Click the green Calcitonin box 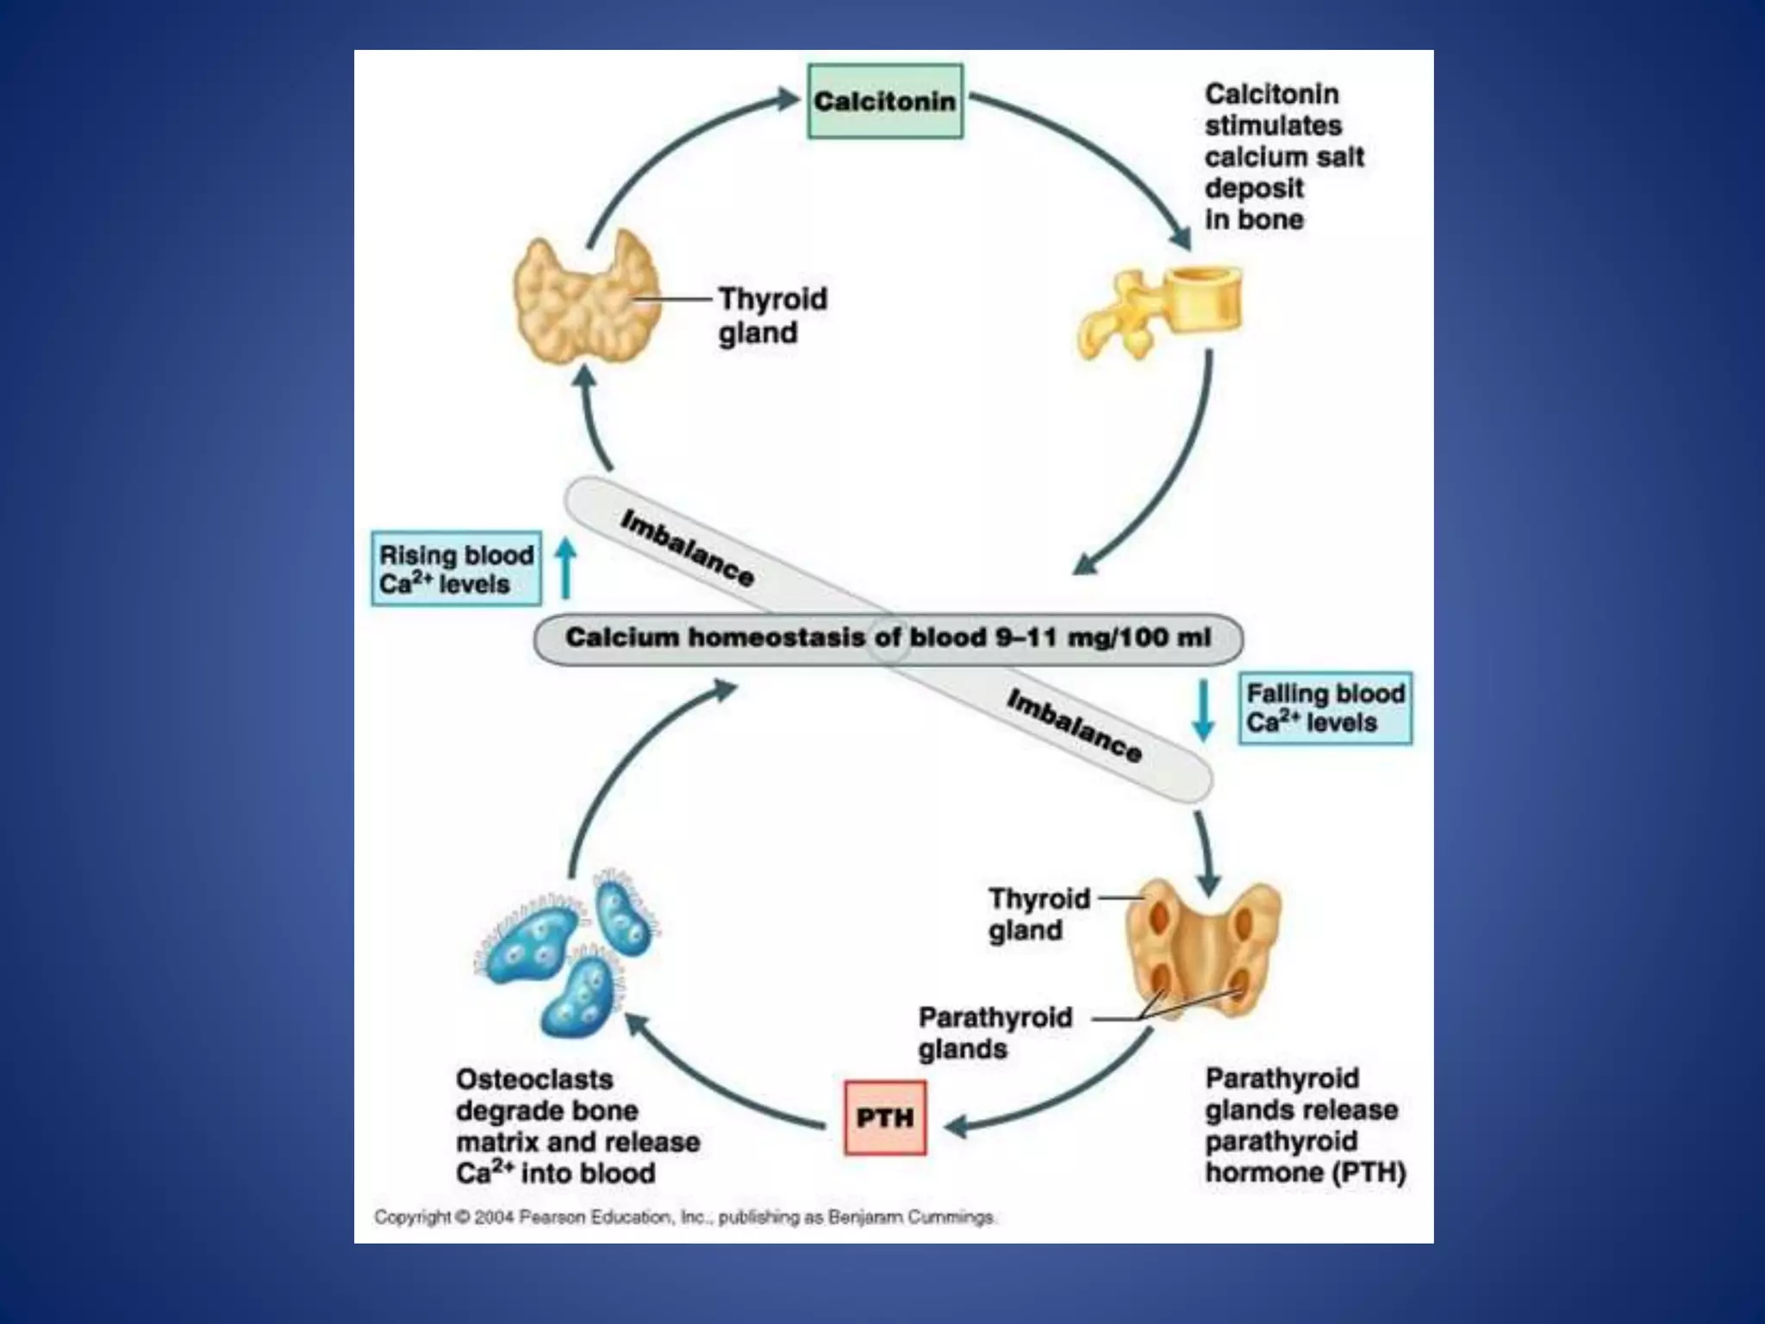coord(885,102)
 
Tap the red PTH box coord(885,1118)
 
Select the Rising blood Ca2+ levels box coord(456,569)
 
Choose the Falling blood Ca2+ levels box coord(1325,708)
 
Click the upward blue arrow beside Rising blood coord(565,568)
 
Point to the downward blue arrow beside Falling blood coord(1203,709)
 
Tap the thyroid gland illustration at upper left coord(587,297)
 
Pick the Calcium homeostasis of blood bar coord(888,639)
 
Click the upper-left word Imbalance coord(687,548)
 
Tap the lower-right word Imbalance coord(1074,727)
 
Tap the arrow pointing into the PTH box coord(957,1126)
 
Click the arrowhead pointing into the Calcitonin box coord(789,99)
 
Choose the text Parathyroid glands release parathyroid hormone coord(1304,1125)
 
